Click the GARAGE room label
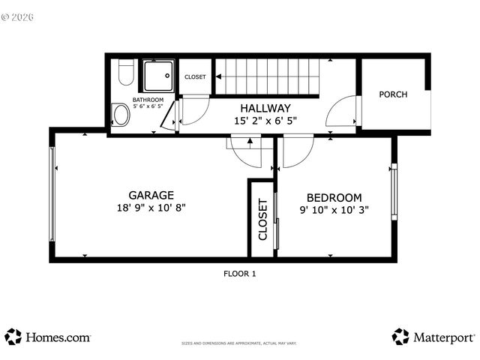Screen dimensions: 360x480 point(151,195)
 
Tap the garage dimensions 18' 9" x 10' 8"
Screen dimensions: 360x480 point(151,208)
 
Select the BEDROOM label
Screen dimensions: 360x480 point(335,197)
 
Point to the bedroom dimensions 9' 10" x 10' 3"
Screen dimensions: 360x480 point(335,211)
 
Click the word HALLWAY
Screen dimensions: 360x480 point(265,108)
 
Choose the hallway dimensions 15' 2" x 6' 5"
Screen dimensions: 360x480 point(265,120)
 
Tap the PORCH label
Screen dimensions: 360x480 point(393,94)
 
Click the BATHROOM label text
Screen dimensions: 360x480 point(148,100)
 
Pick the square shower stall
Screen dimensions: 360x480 point(158,75)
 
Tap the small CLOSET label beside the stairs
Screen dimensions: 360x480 point(195,77)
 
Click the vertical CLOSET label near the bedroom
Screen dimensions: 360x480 point(262,219)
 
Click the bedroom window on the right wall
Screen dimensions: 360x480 point(391,191)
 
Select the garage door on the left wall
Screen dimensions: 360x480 point(52,194)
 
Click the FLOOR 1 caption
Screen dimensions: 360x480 point(239,274)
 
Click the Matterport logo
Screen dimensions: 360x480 point(433,337)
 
